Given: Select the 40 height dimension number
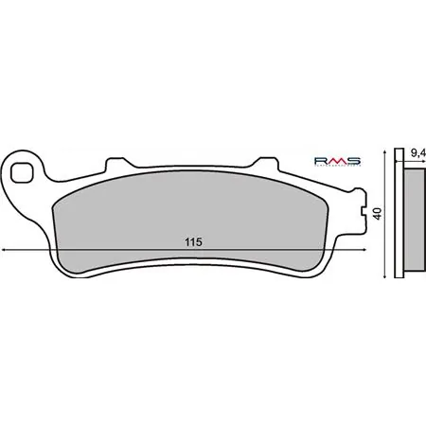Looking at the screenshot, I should (378, 214).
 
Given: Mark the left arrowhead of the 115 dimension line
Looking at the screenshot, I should (7, 250).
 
